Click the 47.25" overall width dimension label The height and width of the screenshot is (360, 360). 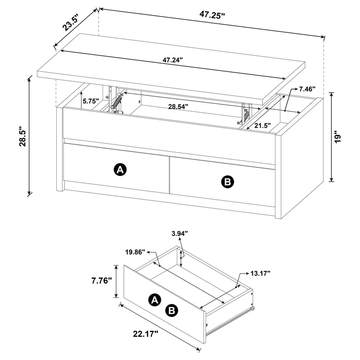point(212,14)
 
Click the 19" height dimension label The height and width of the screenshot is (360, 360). point(344,136)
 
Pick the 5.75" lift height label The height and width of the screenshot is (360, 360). point(90,102)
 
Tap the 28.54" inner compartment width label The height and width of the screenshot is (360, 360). point(178,107)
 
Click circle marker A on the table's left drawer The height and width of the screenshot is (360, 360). point(120,170)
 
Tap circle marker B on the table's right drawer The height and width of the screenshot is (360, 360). point(227,181)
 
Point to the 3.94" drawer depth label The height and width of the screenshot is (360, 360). point(180,233)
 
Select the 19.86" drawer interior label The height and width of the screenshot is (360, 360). point(134,252)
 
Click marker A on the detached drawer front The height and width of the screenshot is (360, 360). point(154,300)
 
